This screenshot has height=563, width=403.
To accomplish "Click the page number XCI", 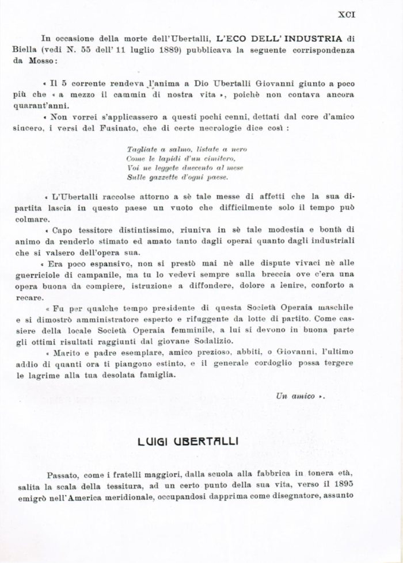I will (x=346, y=14).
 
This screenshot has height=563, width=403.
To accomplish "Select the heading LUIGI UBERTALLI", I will (x=188, y=442).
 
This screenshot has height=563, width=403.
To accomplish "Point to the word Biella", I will (x=24, y=49).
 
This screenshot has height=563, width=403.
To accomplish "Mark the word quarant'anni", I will (x=35, y=106).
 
